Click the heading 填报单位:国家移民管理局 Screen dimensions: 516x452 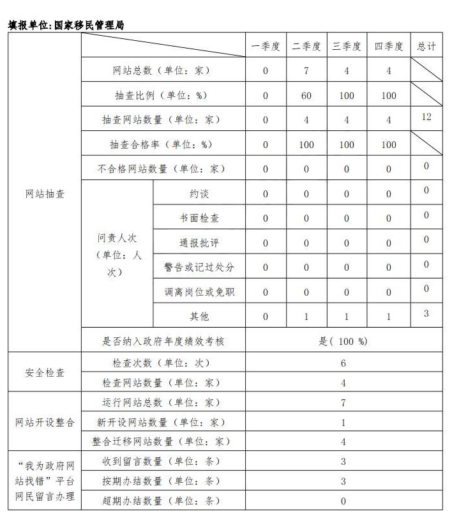[66, 26]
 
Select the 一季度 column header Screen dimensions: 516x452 [266, 47]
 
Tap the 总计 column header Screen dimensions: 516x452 [426, 47]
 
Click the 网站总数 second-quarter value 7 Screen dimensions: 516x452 [306, 71]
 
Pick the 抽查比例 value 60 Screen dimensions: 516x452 [306, 96]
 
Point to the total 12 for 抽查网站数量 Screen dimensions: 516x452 [426, 117]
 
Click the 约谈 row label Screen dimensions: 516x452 [199, 193]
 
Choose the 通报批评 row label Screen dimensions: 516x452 [199, 243]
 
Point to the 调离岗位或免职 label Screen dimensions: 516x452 [199, 292]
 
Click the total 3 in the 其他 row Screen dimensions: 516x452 [426, 313]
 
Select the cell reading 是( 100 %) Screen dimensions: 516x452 [343, 341]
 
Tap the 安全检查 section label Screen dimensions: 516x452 [45, 372]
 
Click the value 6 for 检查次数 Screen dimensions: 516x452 [343, 363]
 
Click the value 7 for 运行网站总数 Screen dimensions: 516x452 [343, 403]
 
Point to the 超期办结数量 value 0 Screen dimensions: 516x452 [343, 501]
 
